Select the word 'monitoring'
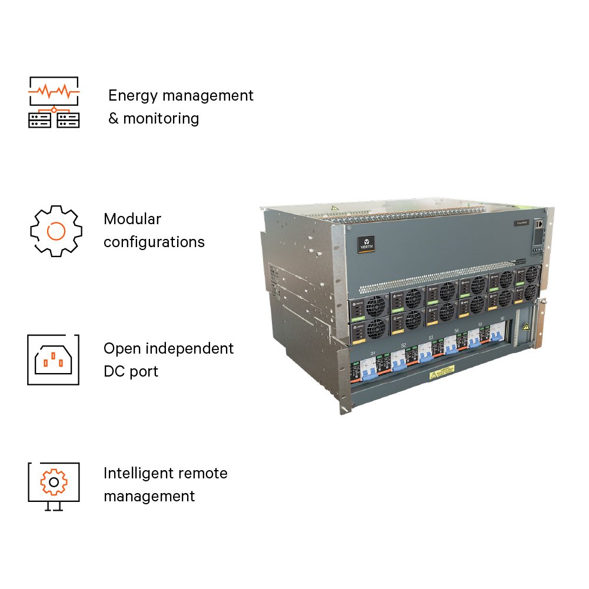tap(161, 118)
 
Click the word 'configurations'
tap(154, 242)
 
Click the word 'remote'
tap(205, 473)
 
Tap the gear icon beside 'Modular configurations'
tap(55, 231)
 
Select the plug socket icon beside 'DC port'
tap(53, 360)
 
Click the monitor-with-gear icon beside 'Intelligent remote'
tap(54, 485)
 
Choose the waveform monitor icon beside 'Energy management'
tap(54, 102)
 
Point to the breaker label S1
tap(373, 353)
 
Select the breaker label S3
tap(431, 338)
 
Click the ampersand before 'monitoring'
tap(113, 118)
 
